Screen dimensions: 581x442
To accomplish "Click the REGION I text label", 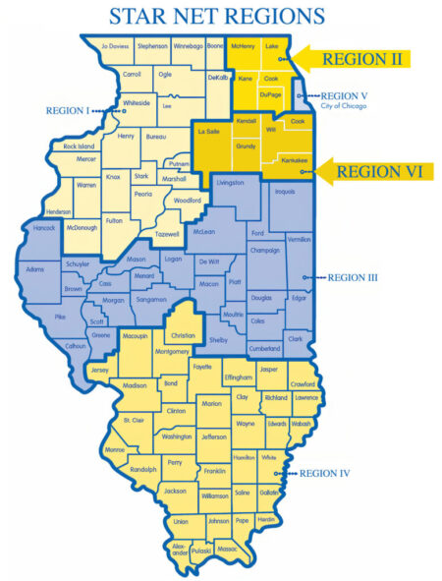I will tap(66, 111).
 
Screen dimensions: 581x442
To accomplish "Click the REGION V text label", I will tap(346, 96).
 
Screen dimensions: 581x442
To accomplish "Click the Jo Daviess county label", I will tap(115, 45).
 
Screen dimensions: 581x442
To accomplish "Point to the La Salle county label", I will tap(208, 131).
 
